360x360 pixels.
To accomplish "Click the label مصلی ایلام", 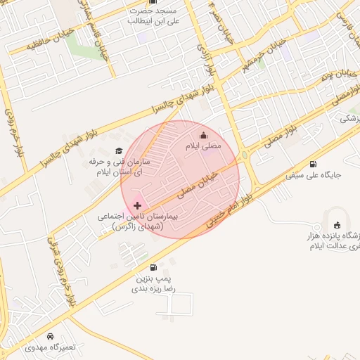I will coord(203,146).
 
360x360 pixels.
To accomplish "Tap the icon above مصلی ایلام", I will coord(204,136).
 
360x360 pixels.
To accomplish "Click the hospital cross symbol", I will coord(137,205).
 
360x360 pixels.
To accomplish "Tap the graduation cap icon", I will coord(118,150).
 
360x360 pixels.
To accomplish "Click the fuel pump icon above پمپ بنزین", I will coord(154,267).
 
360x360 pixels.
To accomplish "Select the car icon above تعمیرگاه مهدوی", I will coord(50,336).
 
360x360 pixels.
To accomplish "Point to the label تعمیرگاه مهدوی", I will coord(48,347).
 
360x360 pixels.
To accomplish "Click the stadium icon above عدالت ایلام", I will coord(337,225).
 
